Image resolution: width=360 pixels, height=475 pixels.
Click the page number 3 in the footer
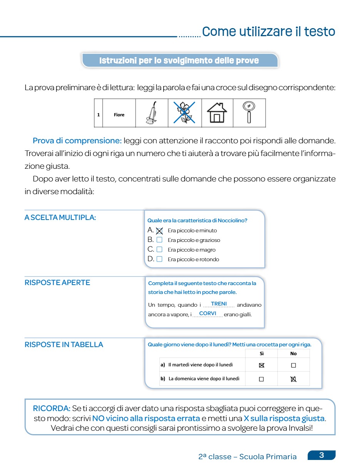point(321,455)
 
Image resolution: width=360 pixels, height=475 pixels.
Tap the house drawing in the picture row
point(217,112)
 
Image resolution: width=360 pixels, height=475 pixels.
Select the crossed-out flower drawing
point(184,112)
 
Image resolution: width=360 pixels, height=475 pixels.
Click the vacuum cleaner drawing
point(151,113)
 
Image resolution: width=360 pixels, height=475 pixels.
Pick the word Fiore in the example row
point(119,115)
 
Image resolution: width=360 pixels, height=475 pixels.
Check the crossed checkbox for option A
point(159,231)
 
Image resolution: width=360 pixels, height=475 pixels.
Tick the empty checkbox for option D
point(159,259)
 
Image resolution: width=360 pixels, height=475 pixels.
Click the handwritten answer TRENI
point(219,304)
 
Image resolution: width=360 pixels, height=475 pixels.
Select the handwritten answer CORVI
point(208,314)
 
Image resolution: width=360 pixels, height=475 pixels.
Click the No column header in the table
point(293,354)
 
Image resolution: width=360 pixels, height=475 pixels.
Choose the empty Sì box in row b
point(261,379)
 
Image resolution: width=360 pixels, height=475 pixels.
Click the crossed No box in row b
point(293,379)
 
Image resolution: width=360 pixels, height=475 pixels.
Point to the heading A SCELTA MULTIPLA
point(60,218)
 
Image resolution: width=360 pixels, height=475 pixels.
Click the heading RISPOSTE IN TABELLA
point(64,345)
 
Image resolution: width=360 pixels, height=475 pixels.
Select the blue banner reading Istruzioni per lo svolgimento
point(179,61)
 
